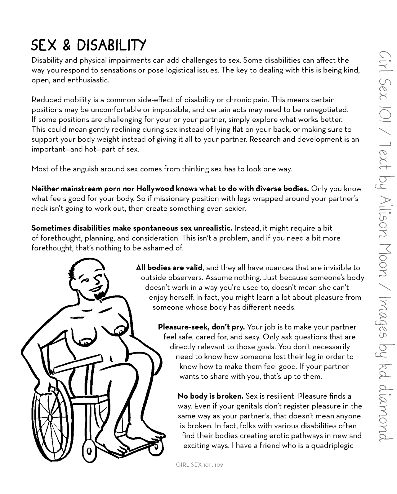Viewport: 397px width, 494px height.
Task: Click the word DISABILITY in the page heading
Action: click(x=111, y=46)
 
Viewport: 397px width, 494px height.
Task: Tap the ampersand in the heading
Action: click(x=66, y=46)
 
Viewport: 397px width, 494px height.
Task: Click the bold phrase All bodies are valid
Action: click(x=169, y=268)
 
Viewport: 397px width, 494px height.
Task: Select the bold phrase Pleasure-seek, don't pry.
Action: click(x=202, y=327)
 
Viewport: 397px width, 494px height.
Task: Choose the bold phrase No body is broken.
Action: click(x=210, y=396)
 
